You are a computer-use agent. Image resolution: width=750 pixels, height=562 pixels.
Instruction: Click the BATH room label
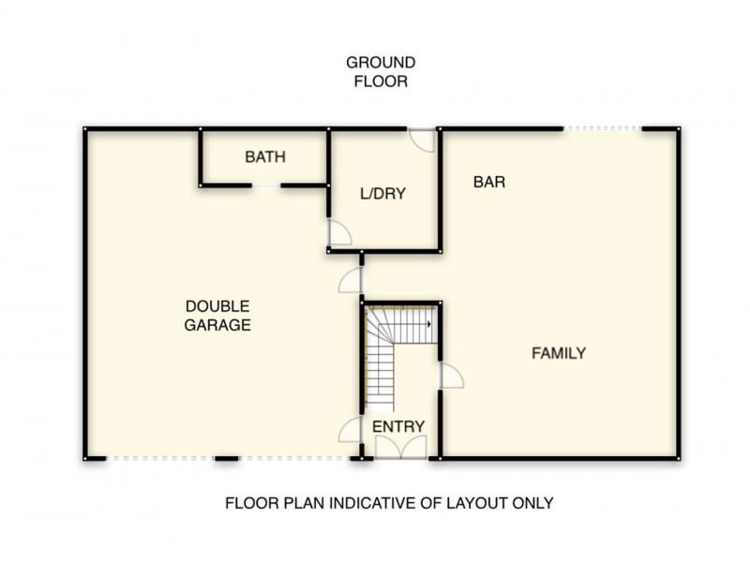click(265, 156)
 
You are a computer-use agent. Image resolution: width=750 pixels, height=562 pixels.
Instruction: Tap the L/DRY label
click(382, 194)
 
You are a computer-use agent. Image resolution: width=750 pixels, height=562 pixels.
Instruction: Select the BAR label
click(488, 182)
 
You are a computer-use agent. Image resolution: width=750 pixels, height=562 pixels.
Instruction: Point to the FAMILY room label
click(559, 353)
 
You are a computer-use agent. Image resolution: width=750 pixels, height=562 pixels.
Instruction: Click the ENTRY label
click(398, 426)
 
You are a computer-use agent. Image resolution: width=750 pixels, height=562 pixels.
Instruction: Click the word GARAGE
click(217, 325)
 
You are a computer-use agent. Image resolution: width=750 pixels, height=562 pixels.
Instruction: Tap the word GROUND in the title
click(381, 63)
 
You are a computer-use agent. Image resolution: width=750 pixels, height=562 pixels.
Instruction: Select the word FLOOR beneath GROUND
click(381, 81)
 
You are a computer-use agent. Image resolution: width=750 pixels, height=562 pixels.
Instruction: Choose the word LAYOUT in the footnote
click(476, 503)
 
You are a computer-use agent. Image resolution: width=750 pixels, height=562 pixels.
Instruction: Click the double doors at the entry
click(401, 448)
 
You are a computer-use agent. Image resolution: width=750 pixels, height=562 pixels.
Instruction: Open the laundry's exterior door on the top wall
click(422, 140)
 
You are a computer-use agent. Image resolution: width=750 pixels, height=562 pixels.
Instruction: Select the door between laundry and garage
click(339, 232)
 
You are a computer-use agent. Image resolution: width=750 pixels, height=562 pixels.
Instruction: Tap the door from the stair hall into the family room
click(451, 376)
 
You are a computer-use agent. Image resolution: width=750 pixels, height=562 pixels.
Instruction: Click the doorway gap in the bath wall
click(266, 185)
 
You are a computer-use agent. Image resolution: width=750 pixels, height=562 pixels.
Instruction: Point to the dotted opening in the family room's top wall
click(602, 128)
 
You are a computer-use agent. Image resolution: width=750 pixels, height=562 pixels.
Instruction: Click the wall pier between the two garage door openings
click(226, 459)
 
